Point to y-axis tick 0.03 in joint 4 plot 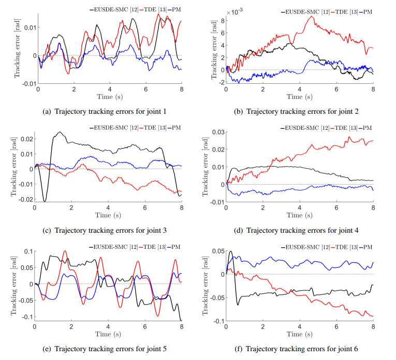tap(218, 132)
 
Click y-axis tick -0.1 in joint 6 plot tap(218, 321)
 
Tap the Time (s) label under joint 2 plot tap(299, 97)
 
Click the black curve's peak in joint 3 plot tap(59, 132)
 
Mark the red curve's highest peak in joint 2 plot tap(311, 17)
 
